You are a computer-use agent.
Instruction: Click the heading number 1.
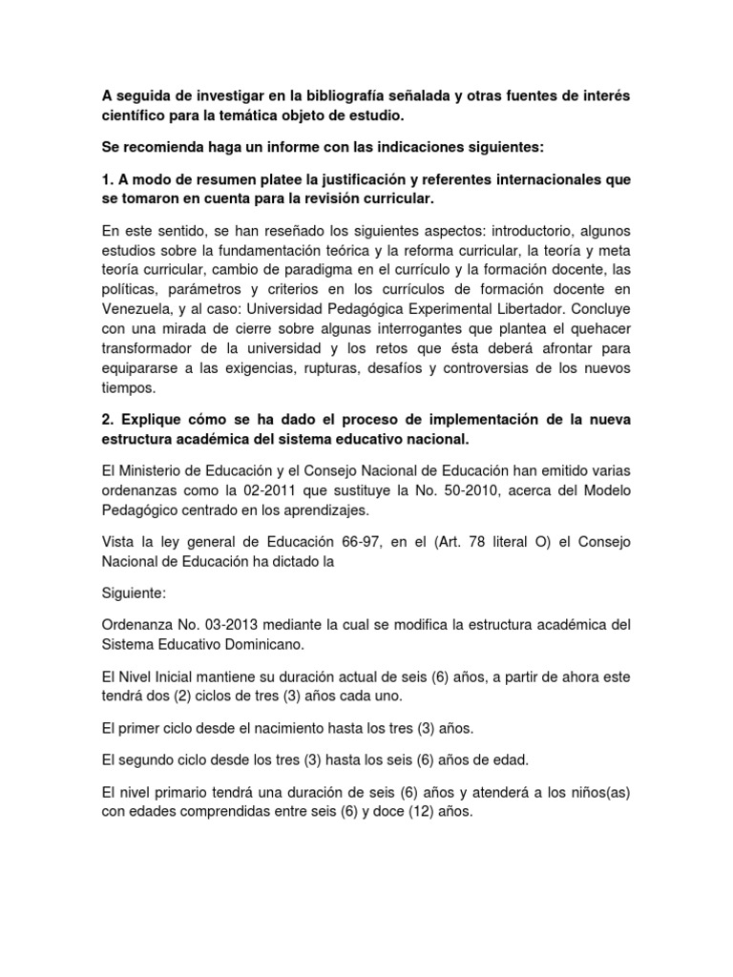pyautogui.click(x=106, y=179)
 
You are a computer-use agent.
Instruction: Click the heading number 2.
pyautogui.click(x=106, y=421)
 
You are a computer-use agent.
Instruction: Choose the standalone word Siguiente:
pyautogui.click(x=134, y=592)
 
